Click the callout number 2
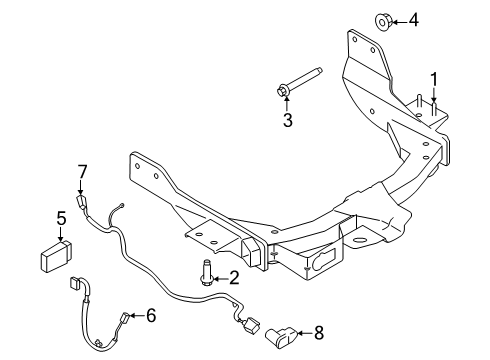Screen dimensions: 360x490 (233, 277)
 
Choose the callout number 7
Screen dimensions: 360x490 (83, 171)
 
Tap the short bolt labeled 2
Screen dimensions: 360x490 (206, 271)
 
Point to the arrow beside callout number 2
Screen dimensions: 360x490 (220, 277)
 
